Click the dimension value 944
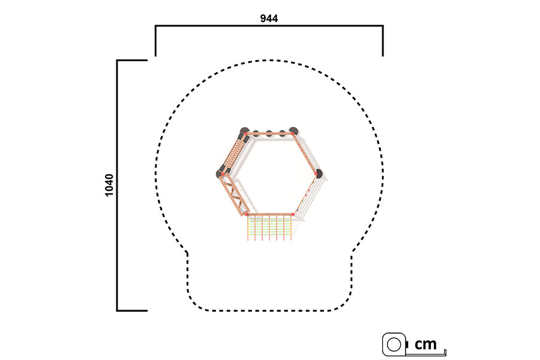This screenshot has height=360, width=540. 269,18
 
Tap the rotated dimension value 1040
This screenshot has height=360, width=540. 109,185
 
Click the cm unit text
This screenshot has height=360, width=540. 425,344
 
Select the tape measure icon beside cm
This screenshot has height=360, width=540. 395,344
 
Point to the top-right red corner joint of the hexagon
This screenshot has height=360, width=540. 292,133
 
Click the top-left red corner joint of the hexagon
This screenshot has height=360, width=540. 246,133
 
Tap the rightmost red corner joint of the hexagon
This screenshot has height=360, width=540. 316,174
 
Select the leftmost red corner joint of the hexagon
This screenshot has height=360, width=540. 223,175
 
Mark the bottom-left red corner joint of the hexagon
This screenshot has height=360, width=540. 246,214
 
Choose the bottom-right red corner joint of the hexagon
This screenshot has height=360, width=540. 293,214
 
